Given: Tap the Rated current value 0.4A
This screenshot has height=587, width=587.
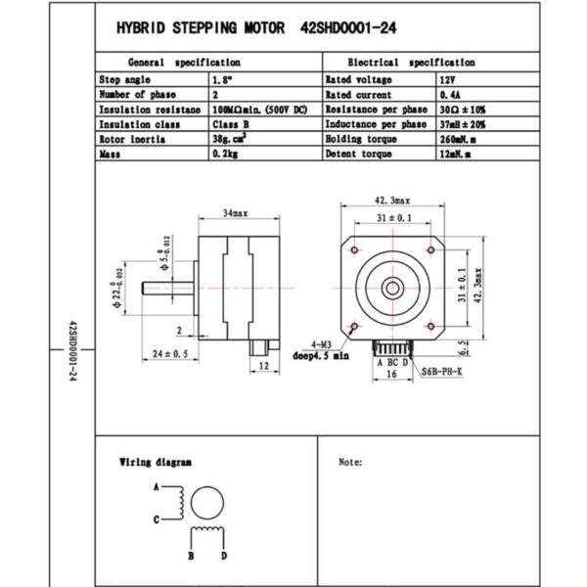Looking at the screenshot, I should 446,94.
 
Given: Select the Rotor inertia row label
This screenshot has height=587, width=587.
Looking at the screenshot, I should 132,139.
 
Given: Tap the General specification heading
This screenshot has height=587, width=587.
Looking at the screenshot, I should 186,61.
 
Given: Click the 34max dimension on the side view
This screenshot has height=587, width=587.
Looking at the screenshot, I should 234,213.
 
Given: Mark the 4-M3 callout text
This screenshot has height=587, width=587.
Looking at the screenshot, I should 320,345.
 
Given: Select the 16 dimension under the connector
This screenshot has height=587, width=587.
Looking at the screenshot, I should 390,374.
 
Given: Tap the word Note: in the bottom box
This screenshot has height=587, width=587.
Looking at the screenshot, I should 350,462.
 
